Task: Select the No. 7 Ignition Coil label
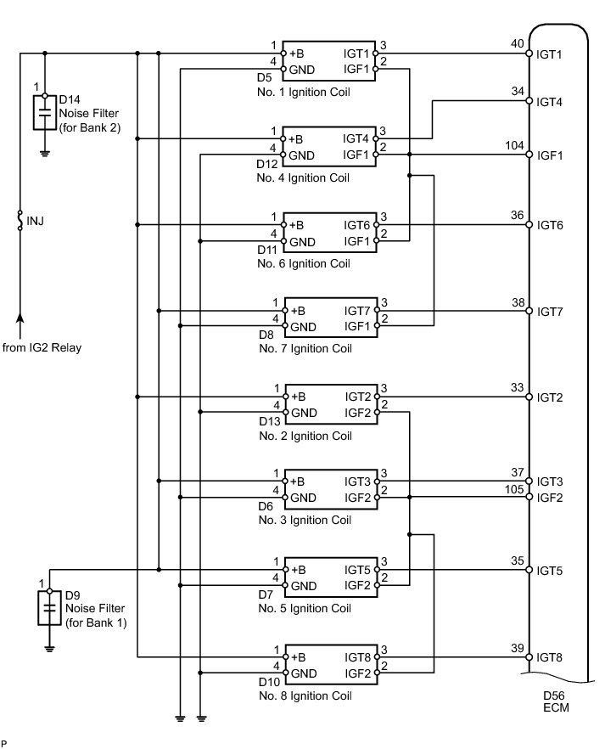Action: click(305, 349)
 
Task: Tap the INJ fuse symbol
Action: click(20, 220)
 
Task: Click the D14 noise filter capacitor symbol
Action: click(45, 113)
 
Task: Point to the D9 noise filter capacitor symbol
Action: click(49, 608)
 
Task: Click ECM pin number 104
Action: click(514, 145)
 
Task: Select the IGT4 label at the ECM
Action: click(549, 102)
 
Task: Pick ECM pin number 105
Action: click(514, 489)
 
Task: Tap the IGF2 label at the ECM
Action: click(550, 498)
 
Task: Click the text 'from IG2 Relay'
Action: click(42, 347)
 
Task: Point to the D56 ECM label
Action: click(556, 701)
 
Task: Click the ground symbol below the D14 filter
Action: click(45, 154)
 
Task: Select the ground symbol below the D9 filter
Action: click(49, 649)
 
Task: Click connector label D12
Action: click(266, 165)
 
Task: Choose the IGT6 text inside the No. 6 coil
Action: click(357, 225)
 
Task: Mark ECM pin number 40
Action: click(518, 43)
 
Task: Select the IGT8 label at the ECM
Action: click(549, 658)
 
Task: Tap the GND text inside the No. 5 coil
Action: click(304, 586)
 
